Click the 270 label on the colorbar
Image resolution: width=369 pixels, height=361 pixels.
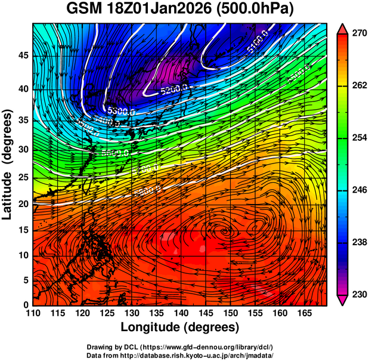(x=358, y=33)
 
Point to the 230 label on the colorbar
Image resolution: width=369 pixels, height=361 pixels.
(x=358, y=295)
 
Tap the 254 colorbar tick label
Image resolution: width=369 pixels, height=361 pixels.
(x=358, y=138)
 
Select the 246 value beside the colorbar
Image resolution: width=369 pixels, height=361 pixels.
(x=358, y=190)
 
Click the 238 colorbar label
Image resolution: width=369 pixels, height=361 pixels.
(x=358, y=242)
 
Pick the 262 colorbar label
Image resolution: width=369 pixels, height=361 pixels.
(x=358, y=86)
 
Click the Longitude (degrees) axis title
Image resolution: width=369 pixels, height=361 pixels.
(x=180, y=327)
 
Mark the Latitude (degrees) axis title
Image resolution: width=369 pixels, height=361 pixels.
(x=8, y=164)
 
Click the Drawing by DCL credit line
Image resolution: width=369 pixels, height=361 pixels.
(x=180, y=347)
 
